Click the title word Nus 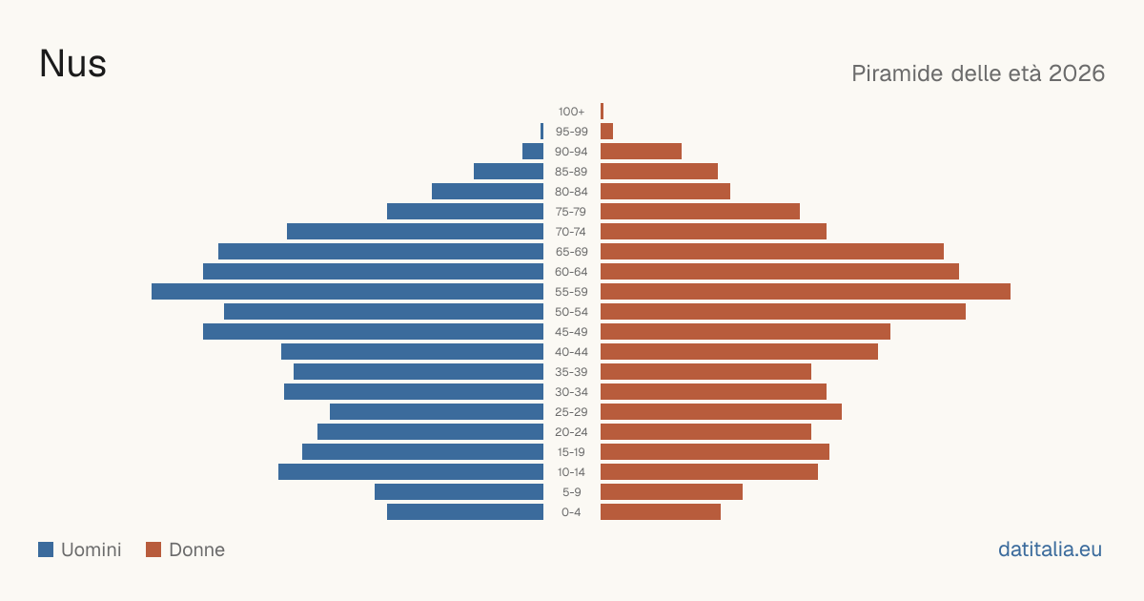[72, 64]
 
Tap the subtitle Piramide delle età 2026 [978, 73]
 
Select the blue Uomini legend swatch [46, 549]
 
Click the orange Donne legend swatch [153, 549]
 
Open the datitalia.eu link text [1050, 549]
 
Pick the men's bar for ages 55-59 [347, 291]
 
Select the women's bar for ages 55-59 [806, 291]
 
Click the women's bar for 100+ [603, 111]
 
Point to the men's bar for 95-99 [541, 132]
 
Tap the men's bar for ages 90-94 [533, 152]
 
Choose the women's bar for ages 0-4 [661, 512]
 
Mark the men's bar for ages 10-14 [411, 471]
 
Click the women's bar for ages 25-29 [721, 412]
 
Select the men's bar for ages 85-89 [509, 171]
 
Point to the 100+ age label [571, 112]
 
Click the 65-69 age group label [571, 252]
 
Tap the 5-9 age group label [571, 492]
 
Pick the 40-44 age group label [571, 352]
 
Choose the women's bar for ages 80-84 [665, 191]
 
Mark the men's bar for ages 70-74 [416, 232]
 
